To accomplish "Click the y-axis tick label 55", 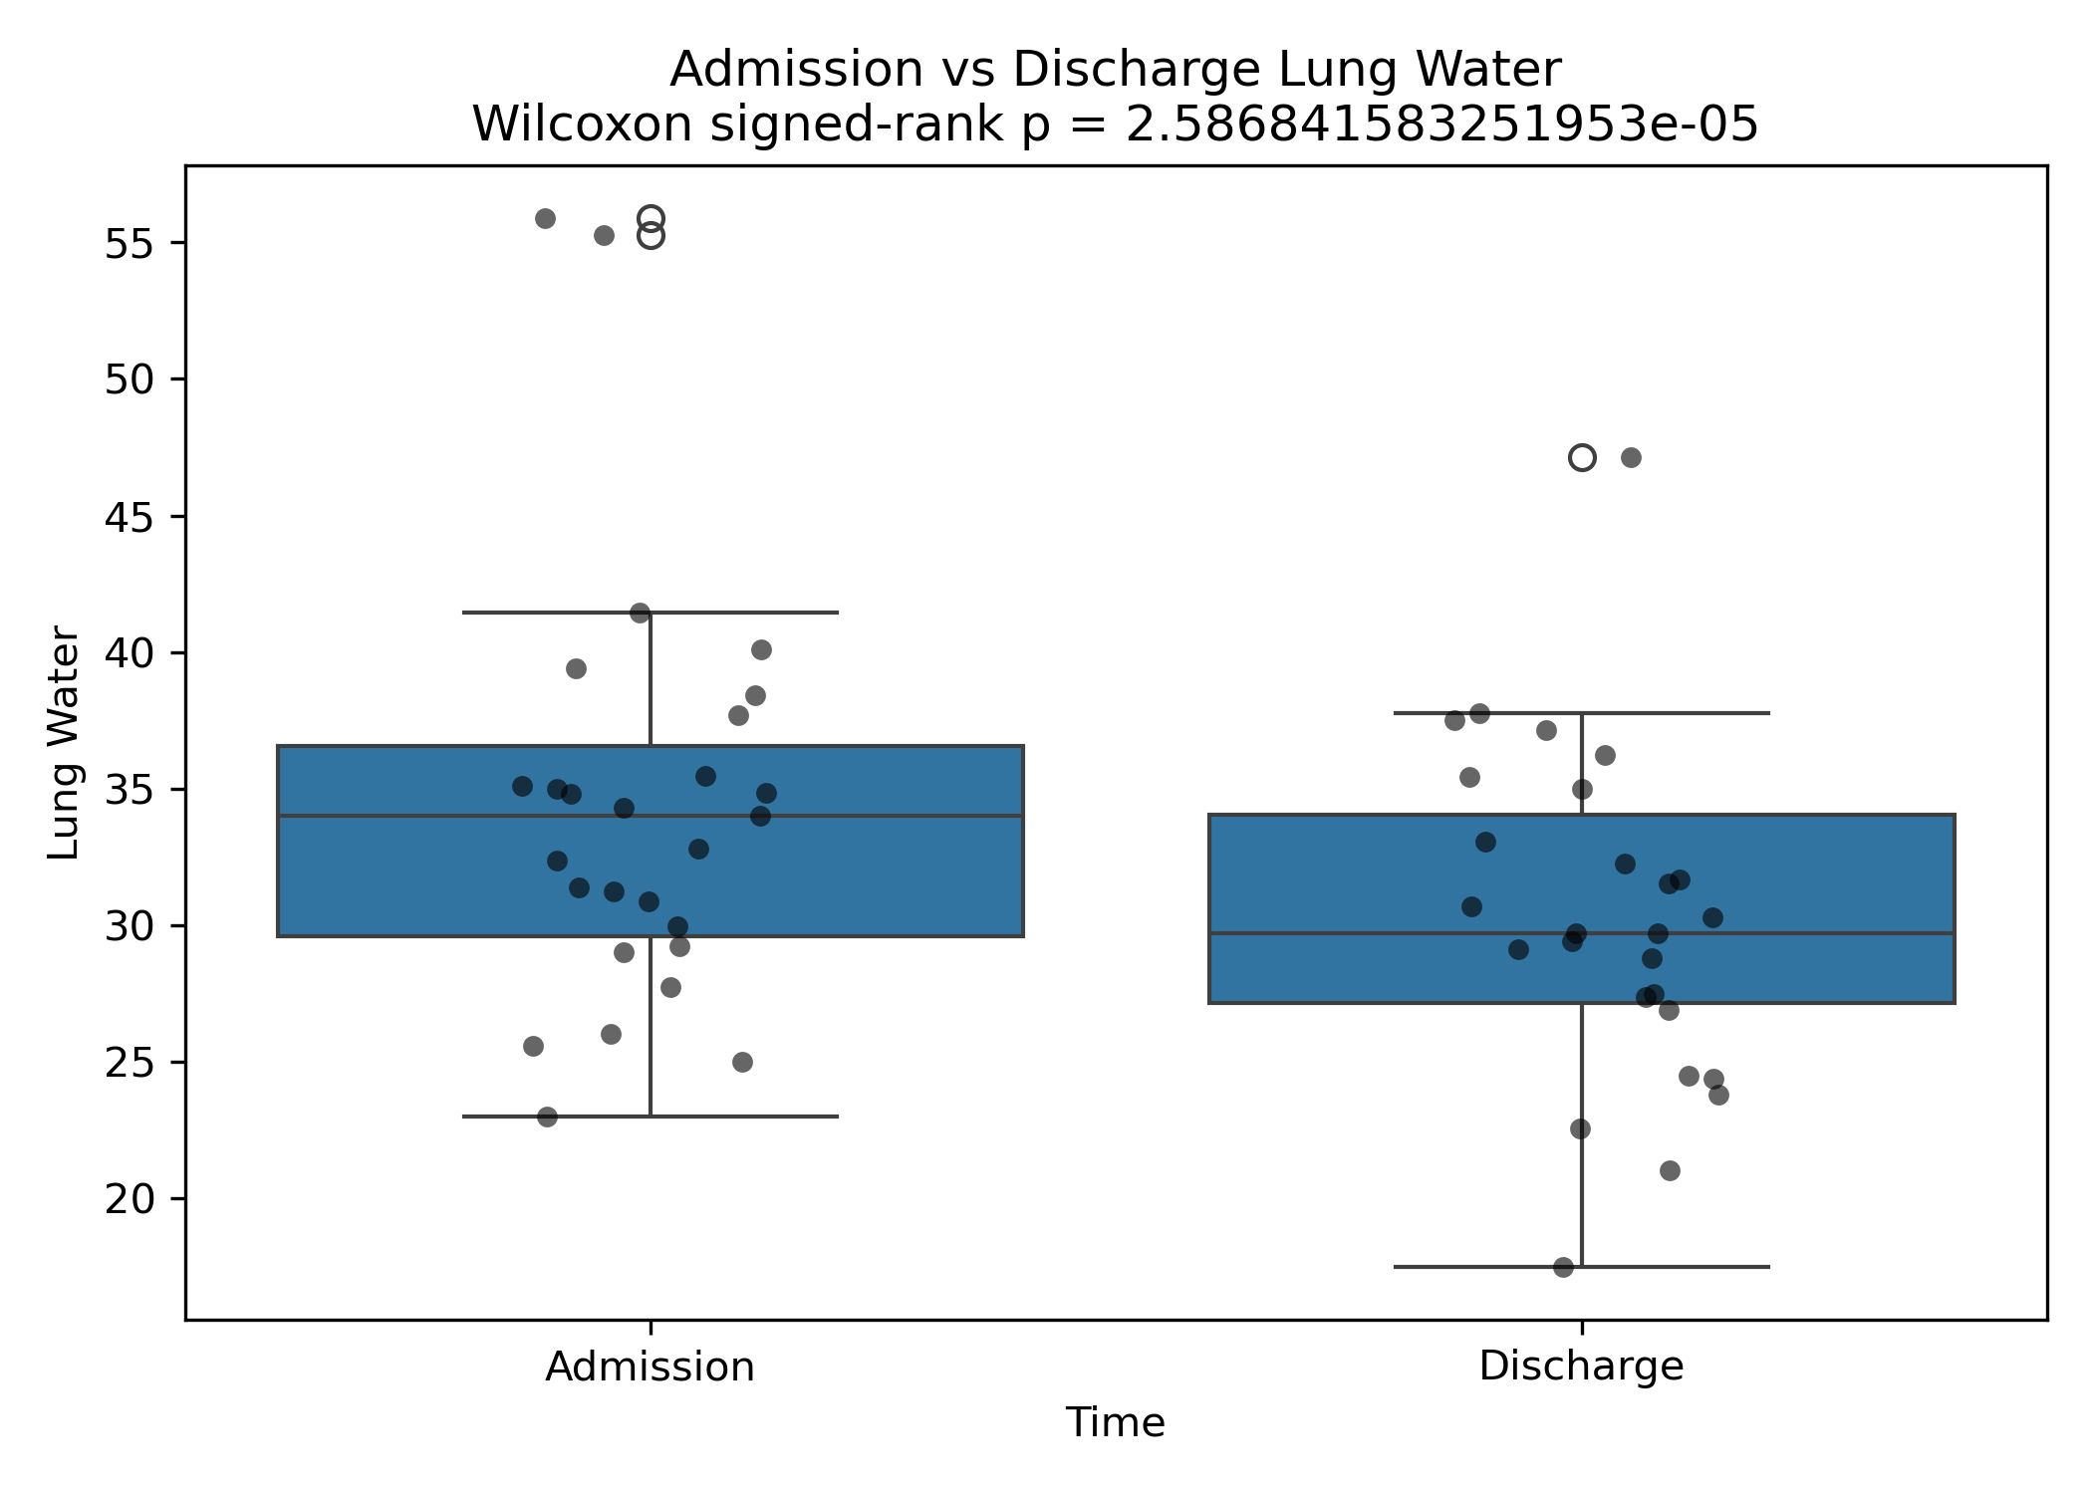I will coord(129,243).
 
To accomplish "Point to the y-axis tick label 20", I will coord(129,1199).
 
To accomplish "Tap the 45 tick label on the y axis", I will coord(129,517).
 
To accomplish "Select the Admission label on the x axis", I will coord(650,1367).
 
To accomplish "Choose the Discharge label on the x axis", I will coord(1581,1366).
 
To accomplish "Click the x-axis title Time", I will coord(1115,1422).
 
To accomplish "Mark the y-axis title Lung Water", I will coord(64,742).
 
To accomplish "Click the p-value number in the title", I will coord(1441,124).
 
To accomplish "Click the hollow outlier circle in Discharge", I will coord(1582,458).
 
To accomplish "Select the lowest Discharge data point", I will coord(1563,1267).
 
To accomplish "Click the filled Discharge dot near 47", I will coord(1631,458).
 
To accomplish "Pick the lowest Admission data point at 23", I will coord(547,1117).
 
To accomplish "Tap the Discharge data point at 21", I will coord(1670,1170).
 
